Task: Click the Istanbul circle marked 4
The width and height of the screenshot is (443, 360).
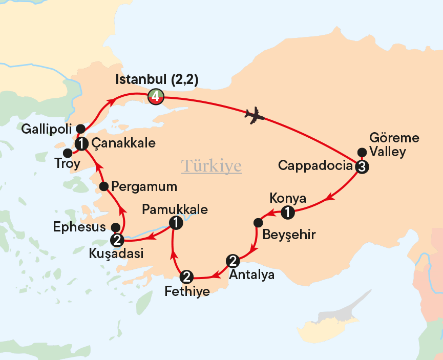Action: [155, 96]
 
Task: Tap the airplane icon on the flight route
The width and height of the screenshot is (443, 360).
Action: [255, 116]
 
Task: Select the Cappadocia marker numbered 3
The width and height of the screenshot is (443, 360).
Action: [362, 166]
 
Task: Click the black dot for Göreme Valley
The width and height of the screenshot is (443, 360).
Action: [362, 152]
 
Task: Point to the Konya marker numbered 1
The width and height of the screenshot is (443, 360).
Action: [288, 212]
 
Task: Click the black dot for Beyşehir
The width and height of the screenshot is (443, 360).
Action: [258, 222]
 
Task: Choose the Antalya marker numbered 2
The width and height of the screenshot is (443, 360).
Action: [234, 261]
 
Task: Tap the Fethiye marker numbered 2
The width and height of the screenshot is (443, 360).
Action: [187, 278]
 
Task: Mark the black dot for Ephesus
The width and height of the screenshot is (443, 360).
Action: [116, 227]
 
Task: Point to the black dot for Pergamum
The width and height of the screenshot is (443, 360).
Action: [103, 186]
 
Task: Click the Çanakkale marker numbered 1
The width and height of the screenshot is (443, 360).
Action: [81, 144]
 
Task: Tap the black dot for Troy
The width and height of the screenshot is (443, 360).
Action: [67, 153]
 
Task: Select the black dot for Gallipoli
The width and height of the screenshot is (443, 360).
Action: [80, 129]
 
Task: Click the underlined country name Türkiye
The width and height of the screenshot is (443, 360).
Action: [212, 166]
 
